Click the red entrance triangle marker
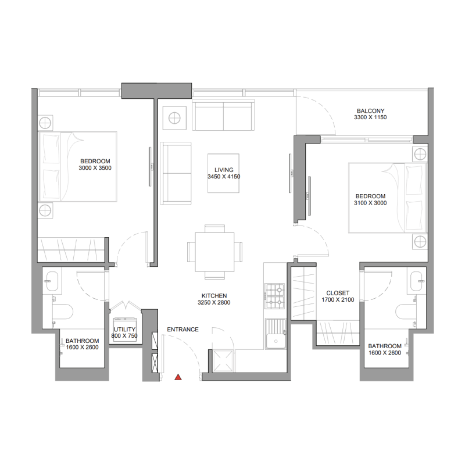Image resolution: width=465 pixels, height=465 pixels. (178, 378)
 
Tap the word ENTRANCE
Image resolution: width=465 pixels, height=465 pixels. (183, 330)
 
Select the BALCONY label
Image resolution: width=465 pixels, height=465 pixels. (370, 110)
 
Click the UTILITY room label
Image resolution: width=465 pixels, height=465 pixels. (125, 330)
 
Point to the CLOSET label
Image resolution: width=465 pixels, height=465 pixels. (337, 293)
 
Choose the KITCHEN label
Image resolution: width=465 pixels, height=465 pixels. (214, 295)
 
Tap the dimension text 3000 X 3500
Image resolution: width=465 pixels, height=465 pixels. (95, 168)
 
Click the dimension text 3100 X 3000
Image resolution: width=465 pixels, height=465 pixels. (370, 203)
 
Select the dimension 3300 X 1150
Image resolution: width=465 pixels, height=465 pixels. (370, 117)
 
